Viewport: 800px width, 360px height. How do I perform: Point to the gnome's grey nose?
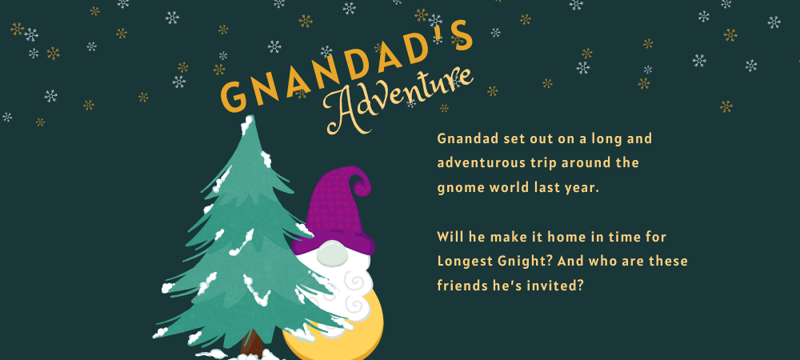tap(332, 254)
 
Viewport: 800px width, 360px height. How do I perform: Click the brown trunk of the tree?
tap(252, 344)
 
